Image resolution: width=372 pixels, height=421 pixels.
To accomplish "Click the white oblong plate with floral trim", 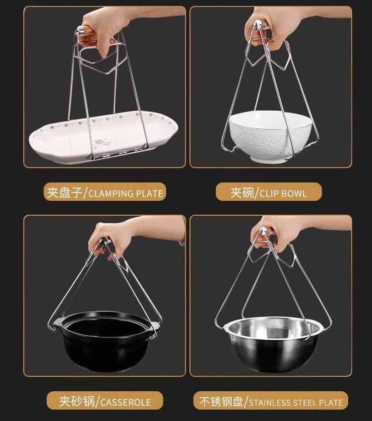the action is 103,137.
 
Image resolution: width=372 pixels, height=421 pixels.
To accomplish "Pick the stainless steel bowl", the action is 273,344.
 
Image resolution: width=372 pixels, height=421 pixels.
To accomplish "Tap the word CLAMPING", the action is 111,193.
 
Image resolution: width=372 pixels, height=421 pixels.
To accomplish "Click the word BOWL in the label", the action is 294,193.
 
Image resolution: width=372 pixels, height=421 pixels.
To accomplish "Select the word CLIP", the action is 269,193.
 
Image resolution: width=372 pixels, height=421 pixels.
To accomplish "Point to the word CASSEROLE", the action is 125,402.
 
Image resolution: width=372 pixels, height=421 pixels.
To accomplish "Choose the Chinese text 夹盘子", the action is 64,193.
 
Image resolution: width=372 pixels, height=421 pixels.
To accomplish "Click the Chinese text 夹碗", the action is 242,193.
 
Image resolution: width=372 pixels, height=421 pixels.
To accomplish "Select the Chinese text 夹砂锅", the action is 77,402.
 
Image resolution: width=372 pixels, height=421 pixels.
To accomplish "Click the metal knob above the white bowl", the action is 258,26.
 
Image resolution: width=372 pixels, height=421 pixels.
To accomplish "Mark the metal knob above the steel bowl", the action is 263,230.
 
